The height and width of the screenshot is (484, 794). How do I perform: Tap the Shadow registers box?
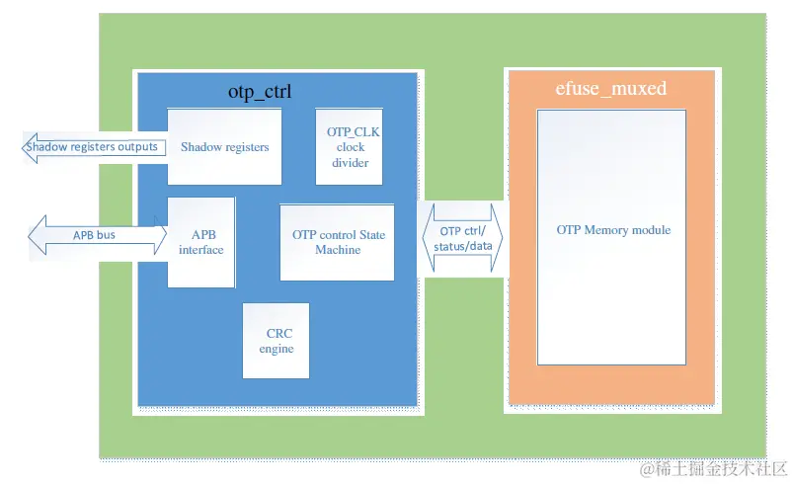224,146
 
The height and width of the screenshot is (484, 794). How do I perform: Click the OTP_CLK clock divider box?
349,146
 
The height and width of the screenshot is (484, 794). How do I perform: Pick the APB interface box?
200,242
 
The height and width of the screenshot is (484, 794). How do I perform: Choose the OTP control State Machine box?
338,242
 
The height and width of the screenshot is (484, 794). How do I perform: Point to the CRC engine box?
276,341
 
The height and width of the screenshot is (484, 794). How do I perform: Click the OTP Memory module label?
613,230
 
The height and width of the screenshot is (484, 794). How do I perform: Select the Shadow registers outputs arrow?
94,147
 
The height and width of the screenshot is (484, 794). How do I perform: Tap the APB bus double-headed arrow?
97,236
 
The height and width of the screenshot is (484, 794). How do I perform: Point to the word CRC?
279,334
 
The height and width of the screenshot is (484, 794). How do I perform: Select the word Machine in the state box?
338,250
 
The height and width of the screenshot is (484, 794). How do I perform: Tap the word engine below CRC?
277,349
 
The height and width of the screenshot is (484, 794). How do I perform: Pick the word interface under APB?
200,250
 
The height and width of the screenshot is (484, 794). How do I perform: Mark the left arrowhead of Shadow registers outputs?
29,147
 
